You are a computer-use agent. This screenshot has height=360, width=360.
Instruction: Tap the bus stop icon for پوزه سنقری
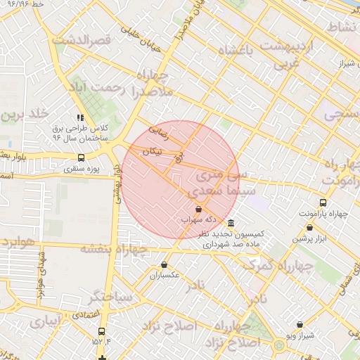81,158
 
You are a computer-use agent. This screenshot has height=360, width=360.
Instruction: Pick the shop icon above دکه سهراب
198,209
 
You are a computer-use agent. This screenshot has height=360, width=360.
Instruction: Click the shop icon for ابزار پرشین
310,228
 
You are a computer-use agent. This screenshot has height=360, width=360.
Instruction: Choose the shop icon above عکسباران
164,265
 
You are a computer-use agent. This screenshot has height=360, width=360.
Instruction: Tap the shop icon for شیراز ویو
300,325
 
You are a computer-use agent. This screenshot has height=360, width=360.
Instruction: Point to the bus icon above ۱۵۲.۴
101,330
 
